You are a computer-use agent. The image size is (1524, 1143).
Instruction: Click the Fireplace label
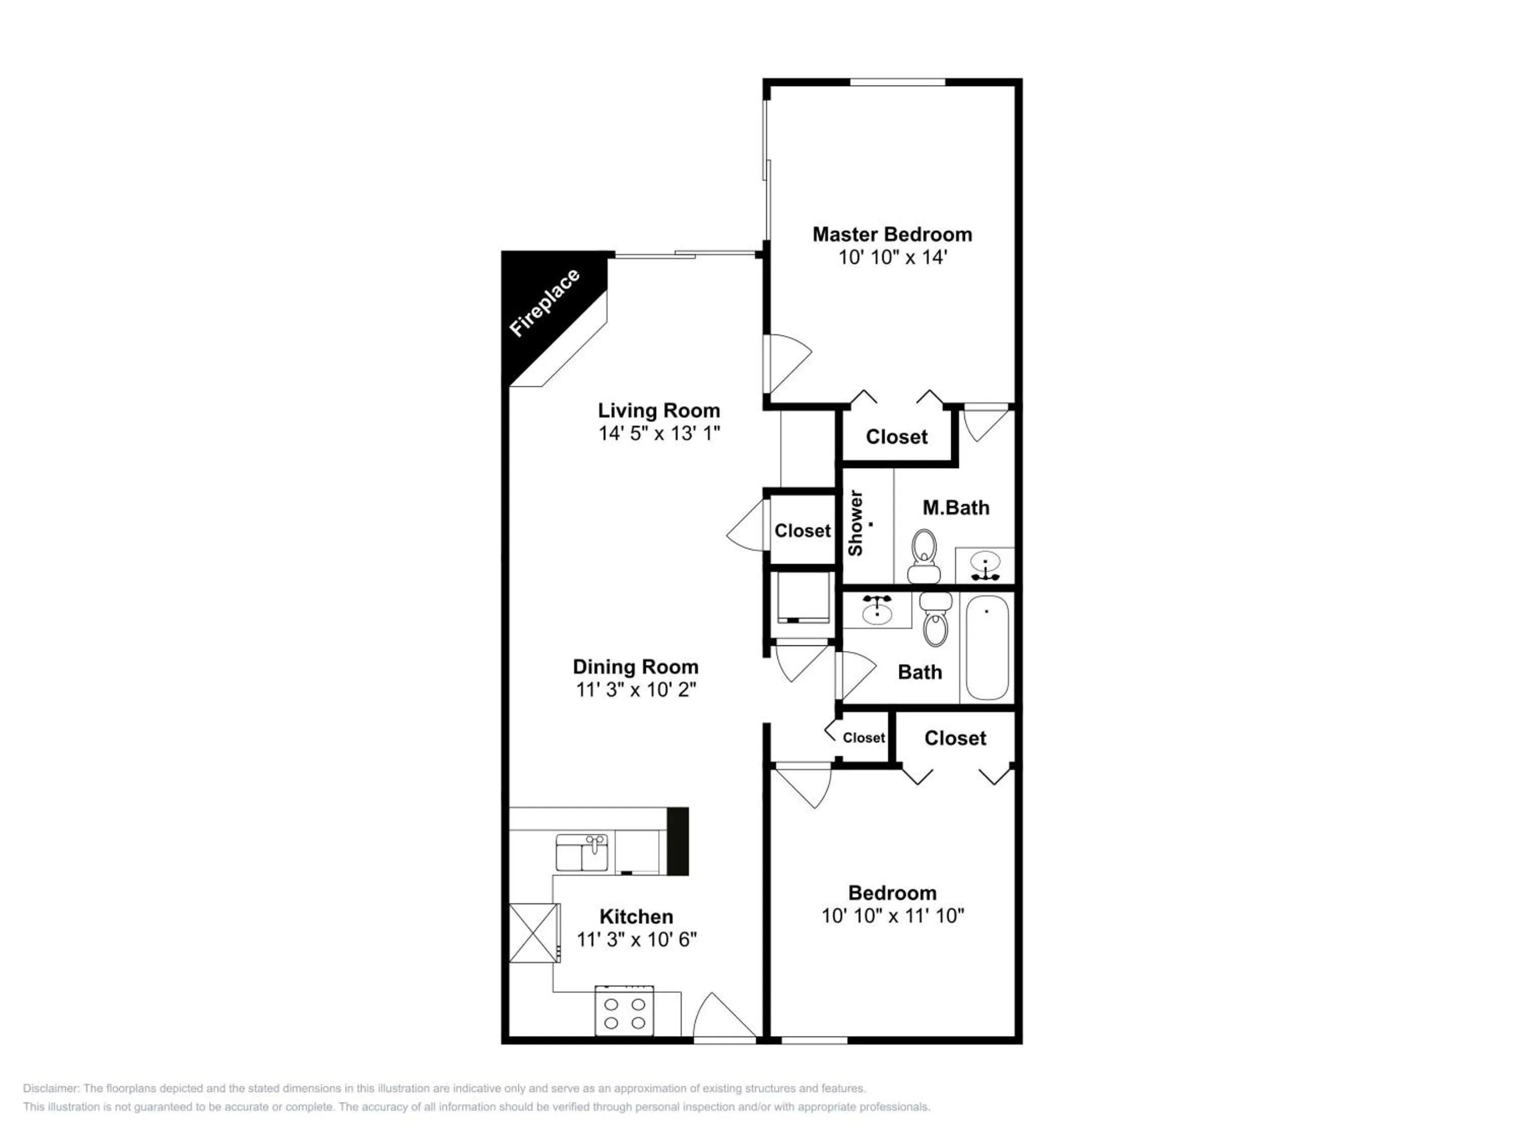pos(544,303)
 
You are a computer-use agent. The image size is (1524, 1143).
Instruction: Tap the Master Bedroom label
pos(892,234)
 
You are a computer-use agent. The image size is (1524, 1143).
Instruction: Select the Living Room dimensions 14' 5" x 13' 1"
pos(659,433)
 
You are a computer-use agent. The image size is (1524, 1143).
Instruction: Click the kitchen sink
pos(582,853)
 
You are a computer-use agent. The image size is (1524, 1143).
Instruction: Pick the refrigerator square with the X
pos(533,933)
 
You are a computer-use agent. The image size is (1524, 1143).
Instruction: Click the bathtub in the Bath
pos(987,648)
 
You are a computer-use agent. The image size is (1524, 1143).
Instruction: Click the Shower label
pos(855,523)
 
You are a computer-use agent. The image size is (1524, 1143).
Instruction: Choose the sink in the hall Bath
pos(877,609)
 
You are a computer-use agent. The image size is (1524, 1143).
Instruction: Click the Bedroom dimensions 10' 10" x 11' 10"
pos(892,915)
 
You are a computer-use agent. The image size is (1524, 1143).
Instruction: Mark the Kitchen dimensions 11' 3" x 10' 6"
pos(636,939)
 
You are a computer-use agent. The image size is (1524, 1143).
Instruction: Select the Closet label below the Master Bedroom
pos(896,437)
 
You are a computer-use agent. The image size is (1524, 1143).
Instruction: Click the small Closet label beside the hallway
pos(863,738)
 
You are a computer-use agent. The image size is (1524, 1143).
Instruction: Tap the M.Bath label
pos(956,508)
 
